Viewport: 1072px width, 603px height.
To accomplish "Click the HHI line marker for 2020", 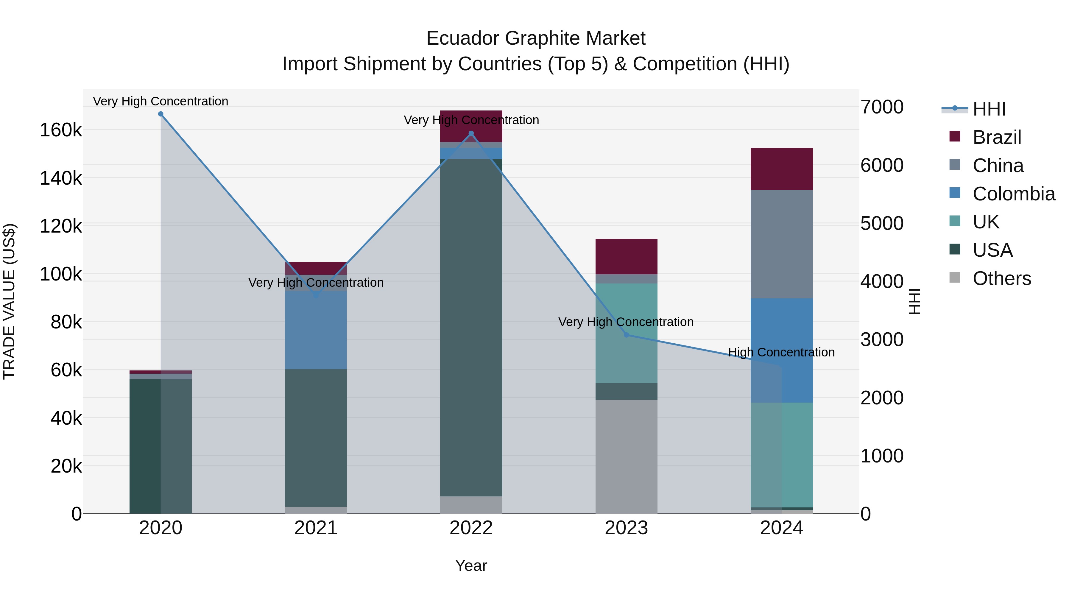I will point(161,114).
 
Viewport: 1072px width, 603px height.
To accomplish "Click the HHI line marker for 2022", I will point(471,134).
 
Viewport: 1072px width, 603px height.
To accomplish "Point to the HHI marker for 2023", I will point(626,335).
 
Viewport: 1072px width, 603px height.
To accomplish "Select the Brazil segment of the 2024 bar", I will point(782,169).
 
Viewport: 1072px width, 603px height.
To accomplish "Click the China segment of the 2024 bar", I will point(782,244).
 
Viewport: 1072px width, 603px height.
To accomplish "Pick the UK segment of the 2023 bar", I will point(626,333).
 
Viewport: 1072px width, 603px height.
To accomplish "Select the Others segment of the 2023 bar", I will point(626,456).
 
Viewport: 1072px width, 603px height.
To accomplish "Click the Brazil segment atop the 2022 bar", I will point(471,126).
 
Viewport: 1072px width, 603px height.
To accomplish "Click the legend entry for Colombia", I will point(1013,194).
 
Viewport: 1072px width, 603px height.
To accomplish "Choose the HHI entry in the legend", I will point(989,109).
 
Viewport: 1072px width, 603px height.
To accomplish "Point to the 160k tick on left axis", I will point(61,130).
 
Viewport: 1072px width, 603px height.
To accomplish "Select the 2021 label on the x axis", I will point(316,528).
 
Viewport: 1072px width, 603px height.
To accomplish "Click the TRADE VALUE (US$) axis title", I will point(9,301).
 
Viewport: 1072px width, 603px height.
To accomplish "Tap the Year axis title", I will point(471,565).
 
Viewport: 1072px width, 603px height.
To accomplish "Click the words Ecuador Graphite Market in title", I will point(536,38).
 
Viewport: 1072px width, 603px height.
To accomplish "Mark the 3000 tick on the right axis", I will point(882,339).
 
